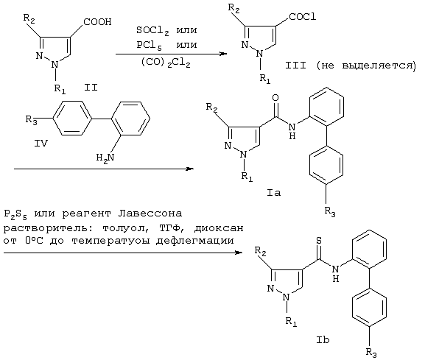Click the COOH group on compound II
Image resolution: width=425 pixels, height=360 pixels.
[x=97, y=21]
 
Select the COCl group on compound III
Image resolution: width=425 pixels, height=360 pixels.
[x=303, y=17]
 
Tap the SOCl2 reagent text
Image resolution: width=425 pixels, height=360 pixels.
[x=152, y=31]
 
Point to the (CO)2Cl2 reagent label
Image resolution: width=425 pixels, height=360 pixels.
[x=166, y=63]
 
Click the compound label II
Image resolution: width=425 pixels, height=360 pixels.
[x=91, y=88]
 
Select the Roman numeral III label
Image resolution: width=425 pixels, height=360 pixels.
[x=295, y=66]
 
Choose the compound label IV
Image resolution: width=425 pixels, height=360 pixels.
[x=41, y=143]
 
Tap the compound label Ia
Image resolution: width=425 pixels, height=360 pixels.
[x=274, y=193]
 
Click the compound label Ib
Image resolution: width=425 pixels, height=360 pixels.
[x=323, y=339]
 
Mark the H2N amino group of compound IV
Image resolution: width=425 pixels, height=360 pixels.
[x=105, y=158]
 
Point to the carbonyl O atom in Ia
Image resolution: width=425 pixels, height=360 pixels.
[x=275, y=98]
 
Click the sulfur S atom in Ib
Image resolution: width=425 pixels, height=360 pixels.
[x=319, y=241]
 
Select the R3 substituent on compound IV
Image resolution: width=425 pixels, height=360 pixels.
[x=31, y=119]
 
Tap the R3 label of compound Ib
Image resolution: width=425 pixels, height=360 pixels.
[x=371, y=353]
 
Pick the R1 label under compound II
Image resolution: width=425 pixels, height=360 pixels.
[x=60, y=88]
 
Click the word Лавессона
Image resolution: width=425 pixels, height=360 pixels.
[x=150, y=213]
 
